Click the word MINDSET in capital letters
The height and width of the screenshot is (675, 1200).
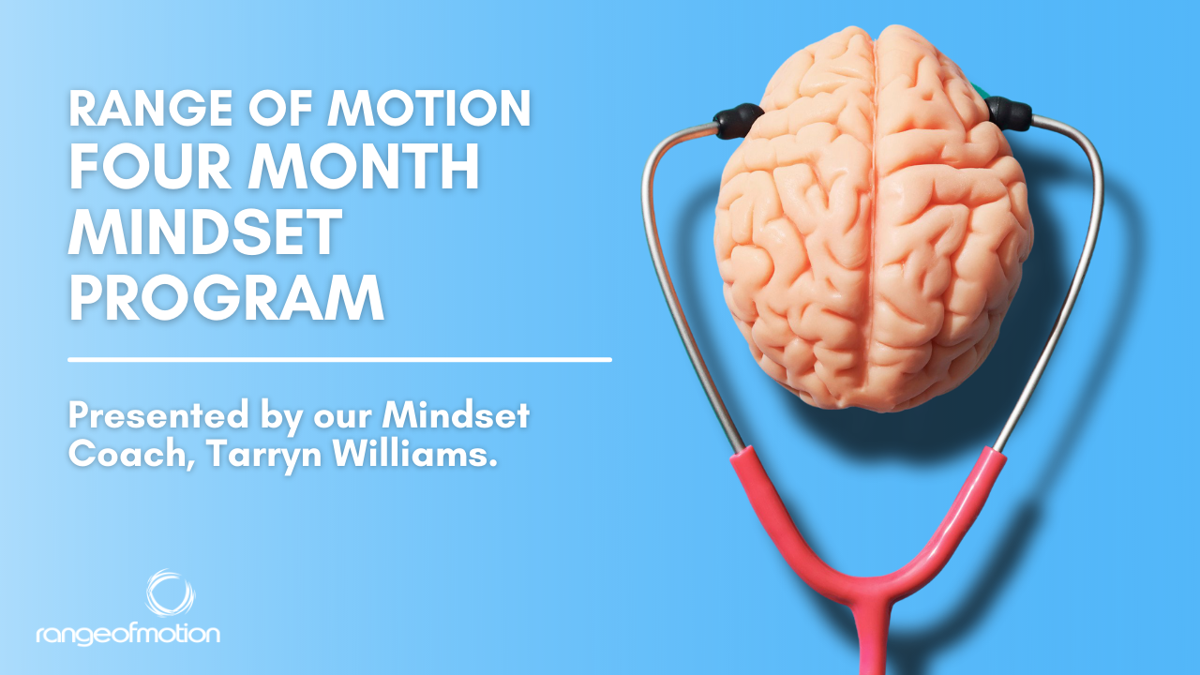tap(202, 235)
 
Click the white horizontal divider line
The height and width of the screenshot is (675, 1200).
tap(339, 358)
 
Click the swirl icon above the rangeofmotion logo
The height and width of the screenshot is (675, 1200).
tap(170, 593)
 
